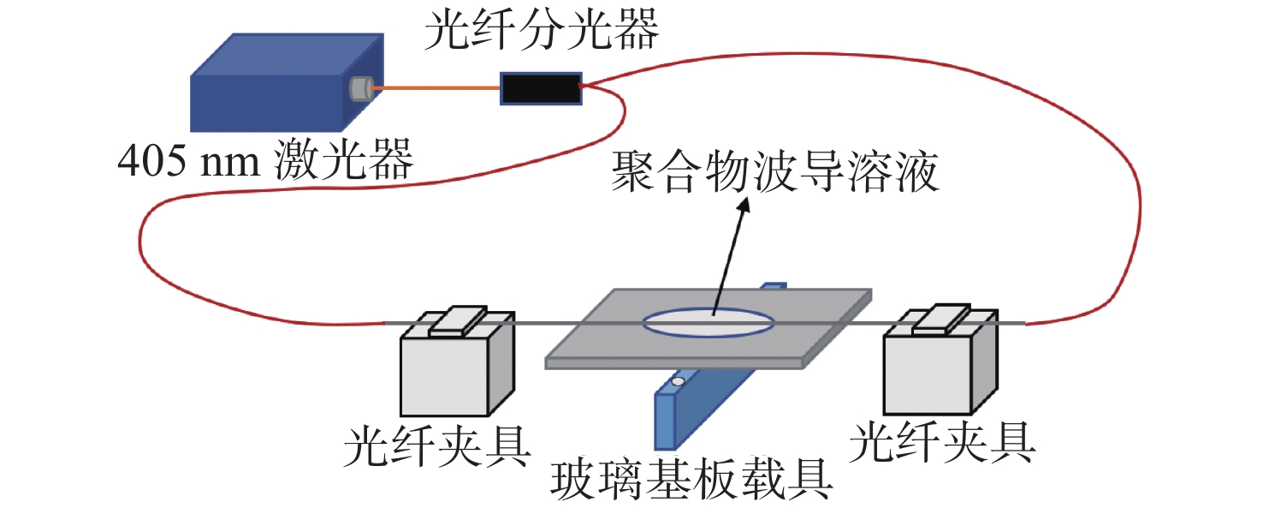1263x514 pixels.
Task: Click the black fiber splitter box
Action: point(541,88)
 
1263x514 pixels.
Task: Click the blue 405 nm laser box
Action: point(287,82)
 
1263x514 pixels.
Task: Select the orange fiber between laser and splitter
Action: point(436,88)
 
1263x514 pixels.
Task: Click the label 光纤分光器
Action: point(542,28)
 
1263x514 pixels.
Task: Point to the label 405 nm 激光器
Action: point(265,159)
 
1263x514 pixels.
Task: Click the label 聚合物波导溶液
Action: point(774,171)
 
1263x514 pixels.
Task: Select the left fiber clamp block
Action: point(457,362)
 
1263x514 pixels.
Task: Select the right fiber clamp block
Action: point(940,362)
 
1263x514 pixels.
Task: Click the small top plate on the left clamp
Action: point(457,321)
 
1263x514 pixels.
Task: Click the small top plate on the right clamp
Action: point(941,319)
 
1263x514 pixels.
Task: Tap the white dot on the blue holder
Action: point(679,382)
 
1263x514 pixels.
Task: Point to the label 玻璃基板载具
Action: point(691,479)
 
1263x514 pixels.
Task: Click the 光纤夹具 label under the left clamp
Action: point(437,446)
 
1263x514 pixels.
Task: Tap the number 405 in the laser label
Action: point(151,161)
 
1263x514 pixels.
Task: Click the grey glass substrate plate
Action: point(709,329)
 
